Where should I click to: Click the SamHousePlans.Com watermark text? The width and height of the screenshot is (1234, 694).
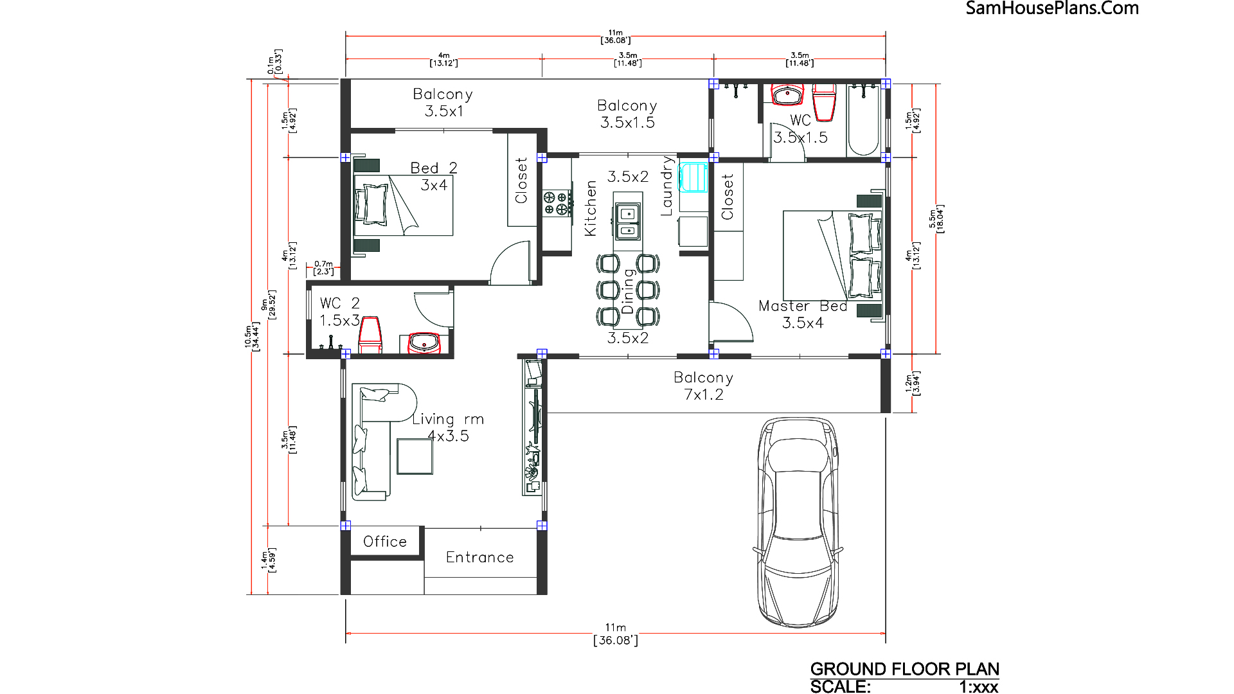1052,8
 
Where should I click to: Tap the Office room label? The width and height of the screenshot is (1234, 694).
385,542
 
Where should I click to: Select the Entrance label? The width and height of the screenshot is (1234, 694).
480,557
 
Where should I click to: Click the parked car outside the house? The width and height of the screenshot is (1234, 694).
798,522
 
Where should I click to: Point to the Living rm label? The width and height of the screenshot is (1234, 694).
448,420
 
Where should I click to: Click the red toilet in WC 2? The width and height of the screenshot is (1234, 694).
370,335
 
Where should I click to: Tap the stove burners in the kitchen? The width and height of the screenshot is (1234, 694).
556,203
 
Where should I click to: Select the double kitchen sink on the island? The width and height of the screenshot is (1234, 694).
627,221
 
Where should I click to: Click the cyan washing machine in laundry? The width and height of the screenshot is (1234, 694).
693,178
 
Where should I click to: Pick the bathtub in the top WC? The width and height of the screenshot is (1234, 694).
863,120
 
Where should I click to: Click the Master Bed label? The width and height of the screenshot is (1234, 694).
803,307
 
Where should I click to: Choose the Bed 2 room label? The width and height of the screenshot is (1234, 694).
434,168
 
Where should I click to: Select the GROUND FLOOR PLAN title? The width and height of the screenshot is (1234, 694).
905,669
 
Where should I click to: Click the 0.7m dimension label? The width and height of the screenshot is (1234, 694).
323,264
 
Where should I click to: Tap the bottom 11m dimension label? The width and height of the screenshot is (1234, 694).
615,628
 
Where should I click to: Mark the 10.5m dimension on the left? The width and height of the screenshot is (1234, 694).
248,337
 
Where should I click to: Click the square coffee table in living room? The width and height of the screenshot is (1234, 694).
415,456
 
